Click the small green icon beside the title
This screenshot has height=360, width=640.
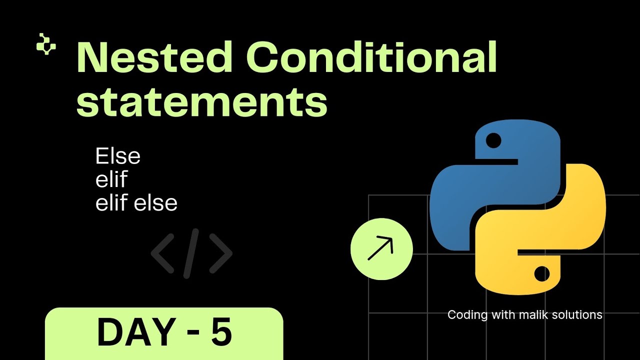(46, 44)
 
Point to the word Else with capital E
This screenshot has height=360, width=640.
(118, 156)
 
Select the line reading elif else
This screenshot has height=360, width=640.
(136, 203)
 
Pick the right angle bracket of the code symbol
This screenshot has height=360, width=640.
(221, 253)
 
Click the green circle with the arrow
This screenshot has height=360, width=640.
(381, 248)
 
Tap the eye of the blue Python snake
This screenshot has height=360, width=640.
(493, 140)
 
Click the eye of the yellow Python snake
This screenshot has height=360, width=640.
(541, 273)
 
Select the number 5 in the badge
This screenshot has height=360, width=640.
(221, 333)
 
